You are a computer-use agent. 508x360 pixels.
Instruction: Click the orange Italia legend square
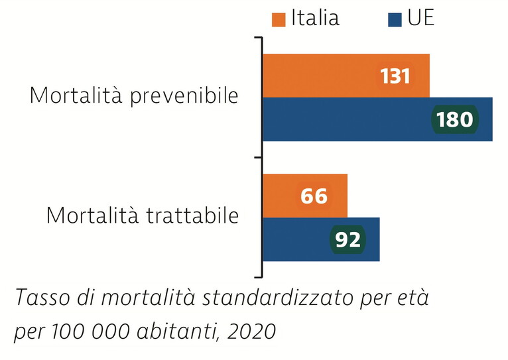coord(279,19)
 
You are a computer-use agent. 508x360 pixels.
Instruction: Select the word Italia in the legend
coord(315,18)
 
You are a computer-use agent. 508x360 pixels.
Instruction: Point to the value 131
coord(395,76)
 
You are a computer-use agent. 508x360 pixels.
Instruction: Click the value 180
coord(454,119)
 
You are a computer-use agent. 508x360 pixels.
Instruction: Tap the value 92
coord(347,239)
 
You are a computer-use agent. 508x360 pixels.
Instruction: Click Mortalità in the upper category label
coord(75,95)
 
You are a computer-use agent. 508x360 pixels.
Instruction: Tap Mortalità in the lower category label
coord(94,215)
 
